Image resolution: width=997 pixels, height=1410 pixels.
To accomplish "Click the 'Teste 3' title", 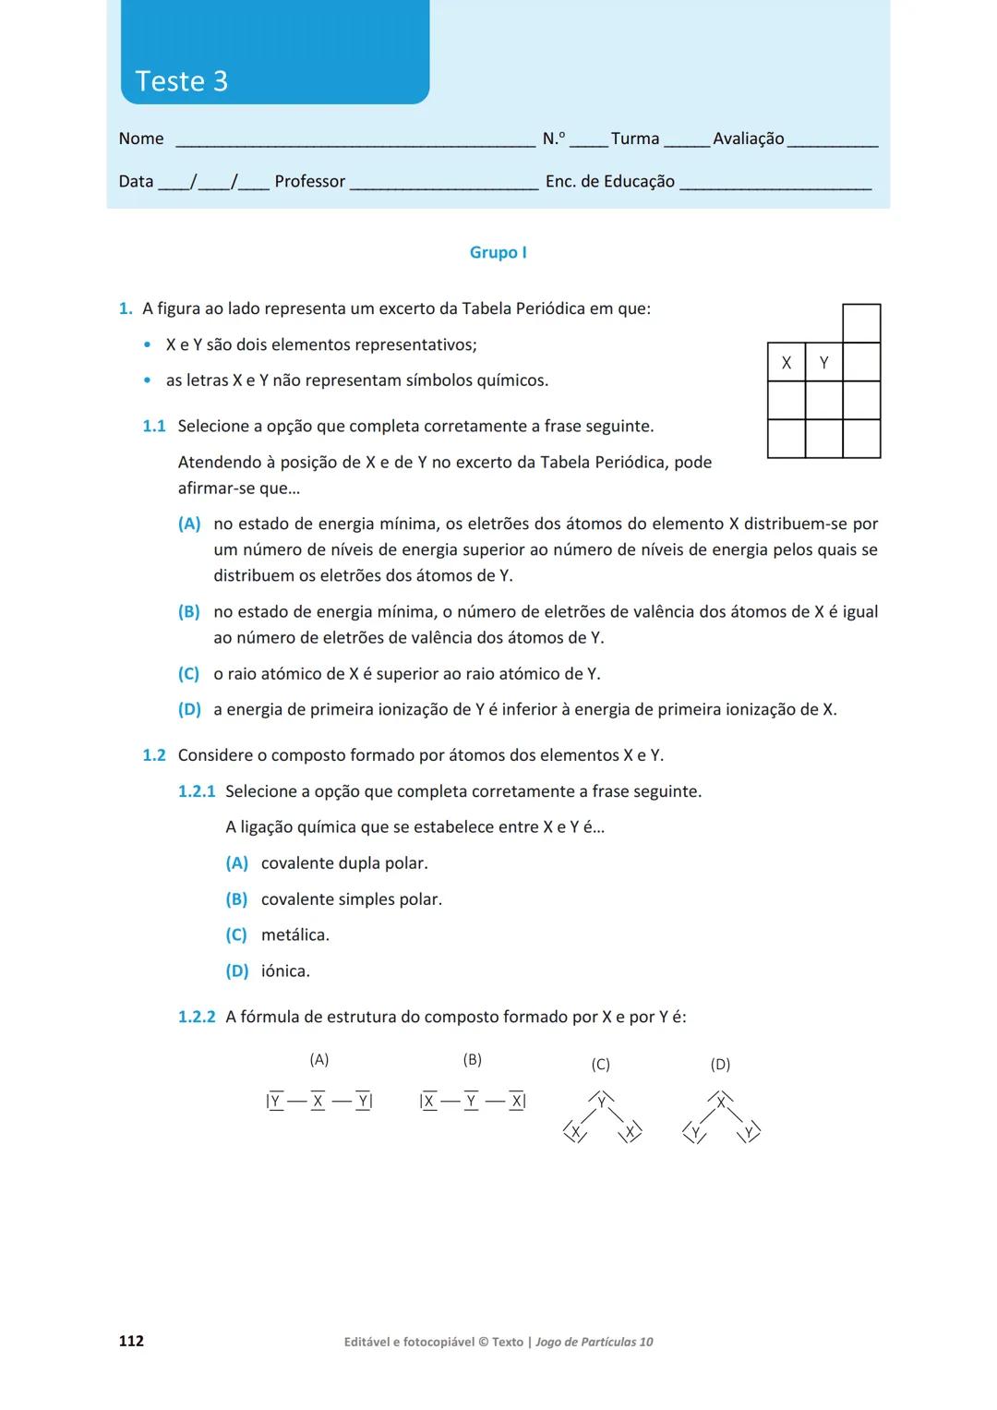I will click(x=181, y=81).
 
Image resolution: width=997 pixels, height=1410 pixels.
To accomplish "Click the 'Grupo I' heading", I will click(x=498, y=252).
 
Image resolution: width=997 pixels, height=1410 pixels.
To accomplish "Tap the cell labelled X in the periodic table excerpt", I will click(x=786, y=363).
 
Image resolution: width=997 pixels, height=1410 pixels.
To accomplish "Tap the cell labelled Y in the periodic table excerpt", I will click(x=823, y=363).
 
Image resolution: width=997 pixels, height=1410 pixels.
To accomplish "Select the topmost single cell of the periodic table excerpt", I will click(x=861, y=323).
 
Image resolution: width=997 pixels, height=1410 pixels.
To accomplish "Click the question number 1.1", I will click(x=153, y=427).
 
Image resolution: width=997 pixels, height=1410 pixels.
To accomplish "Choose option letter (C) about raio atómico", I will click(x=188, y=674).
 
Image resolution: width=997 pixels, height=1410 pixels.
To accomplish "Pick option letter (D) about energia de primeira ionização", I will click(x=188, y=710).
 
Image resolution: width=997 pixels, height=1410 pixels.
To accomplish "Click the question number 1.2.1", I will click(x=196, y=791).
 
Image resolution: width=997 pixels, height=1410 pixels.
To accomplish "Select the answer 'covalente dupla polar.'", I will click(x=343, y=863).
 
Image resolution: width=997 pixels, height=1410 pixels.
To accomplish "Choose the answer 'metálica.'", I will click(x=294, y=935).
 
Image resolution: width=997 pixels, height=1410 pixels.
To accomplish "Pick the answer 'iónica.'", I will click(x=285, y=971).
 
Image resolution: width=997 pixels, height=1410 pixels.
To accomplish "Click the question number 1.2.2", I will click(x=196, y=1018).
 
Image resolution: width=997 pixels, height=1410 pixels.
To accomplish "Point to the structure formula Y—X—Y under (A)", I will click(x=318, y=1101).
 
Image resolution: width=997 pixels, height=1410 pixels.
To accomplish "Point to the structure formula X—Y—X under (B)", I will click(x=472, y=1101).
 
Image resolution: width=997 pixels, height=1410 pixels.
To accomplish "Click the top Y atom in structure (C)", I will click(x=601, y=1102).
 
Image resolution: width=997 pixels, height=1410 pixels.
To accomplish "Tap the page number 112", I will click(x=131, y=1341).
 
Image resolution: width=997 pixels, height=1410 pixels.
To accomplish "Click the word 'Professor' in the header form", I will click(x=309, y=182).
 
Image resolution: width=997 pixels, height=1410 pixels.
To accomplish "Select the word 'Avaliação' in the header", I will click(x=748, y=139).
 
